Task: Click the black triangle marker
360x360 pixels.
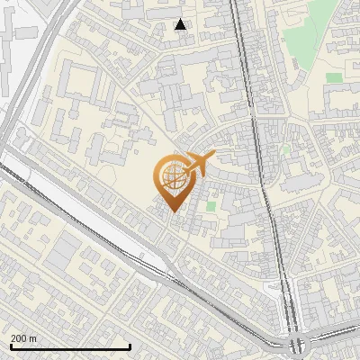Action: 181,24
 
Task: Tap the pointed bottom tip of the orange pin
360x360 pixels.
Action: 171,211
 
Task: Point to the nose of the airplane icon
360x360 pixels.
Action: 213,157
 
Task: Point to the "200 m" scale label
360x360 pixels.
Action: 24,338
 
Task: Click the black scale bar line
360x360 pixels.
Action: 70,346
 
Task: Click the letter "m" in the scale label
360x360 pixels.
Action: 33,338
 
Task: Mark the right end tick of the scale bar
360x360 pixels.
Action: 130,346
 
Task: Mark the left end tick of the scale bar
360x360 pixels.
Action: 10,346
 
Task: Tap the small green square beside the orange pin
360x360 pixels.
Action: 211,206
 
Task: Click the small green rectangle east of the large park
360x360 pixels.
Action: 334,77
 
